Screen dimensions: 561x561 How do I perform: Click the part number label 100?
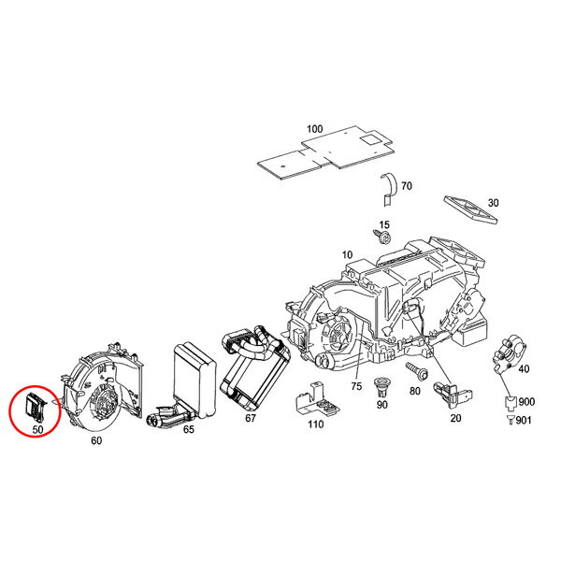313,128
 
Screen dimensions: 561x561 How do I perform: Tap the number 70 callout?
407,186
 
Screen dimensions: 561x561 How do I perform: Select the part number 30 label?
494,203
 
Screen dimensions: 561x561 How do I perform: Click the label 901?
521,418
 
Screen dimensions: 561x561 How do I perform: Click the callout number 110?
317,424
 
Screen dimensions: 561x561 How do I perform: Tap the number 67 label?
250,418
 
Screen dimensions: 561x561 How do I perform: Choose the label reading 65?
188,430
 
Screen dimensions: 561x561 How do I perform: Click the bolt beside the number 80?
416,373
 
